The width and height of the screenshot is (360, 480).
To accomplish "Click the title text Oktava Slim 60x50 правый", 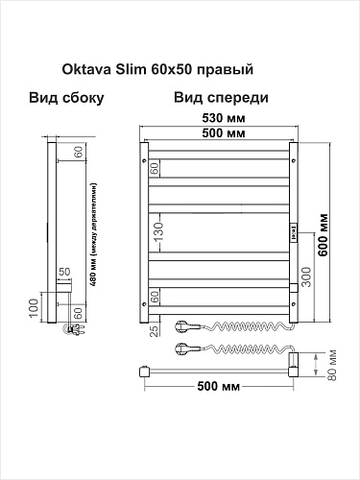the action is (x=157, y=69).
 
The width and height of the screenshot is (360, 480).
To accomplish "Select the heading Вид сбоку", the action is (x=66, y=98).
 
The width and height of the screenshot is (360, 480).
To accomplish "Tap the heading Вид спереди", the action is (x=221, y=98).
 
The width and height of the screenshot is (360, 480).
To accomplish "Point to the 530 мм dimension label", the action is (x=224, y=118).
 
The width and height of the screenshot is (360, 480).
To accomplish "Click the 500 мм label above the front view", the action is (x=224, y=132).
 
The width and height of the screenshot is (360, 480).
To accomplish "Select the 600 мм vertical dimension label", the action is (x=324, y=234).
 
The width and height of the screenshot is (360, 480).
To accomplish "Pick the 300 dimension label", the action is (x=306, y=276).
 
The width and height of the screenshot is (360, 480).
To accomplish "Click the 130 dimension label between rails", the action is (x=159, y=232).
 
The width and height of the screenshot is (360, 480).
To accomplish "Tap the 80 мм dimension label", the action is (x=332, y=365).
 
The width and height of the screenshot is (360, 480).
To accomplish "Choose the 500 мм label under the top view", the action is (x=218, y=386).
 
